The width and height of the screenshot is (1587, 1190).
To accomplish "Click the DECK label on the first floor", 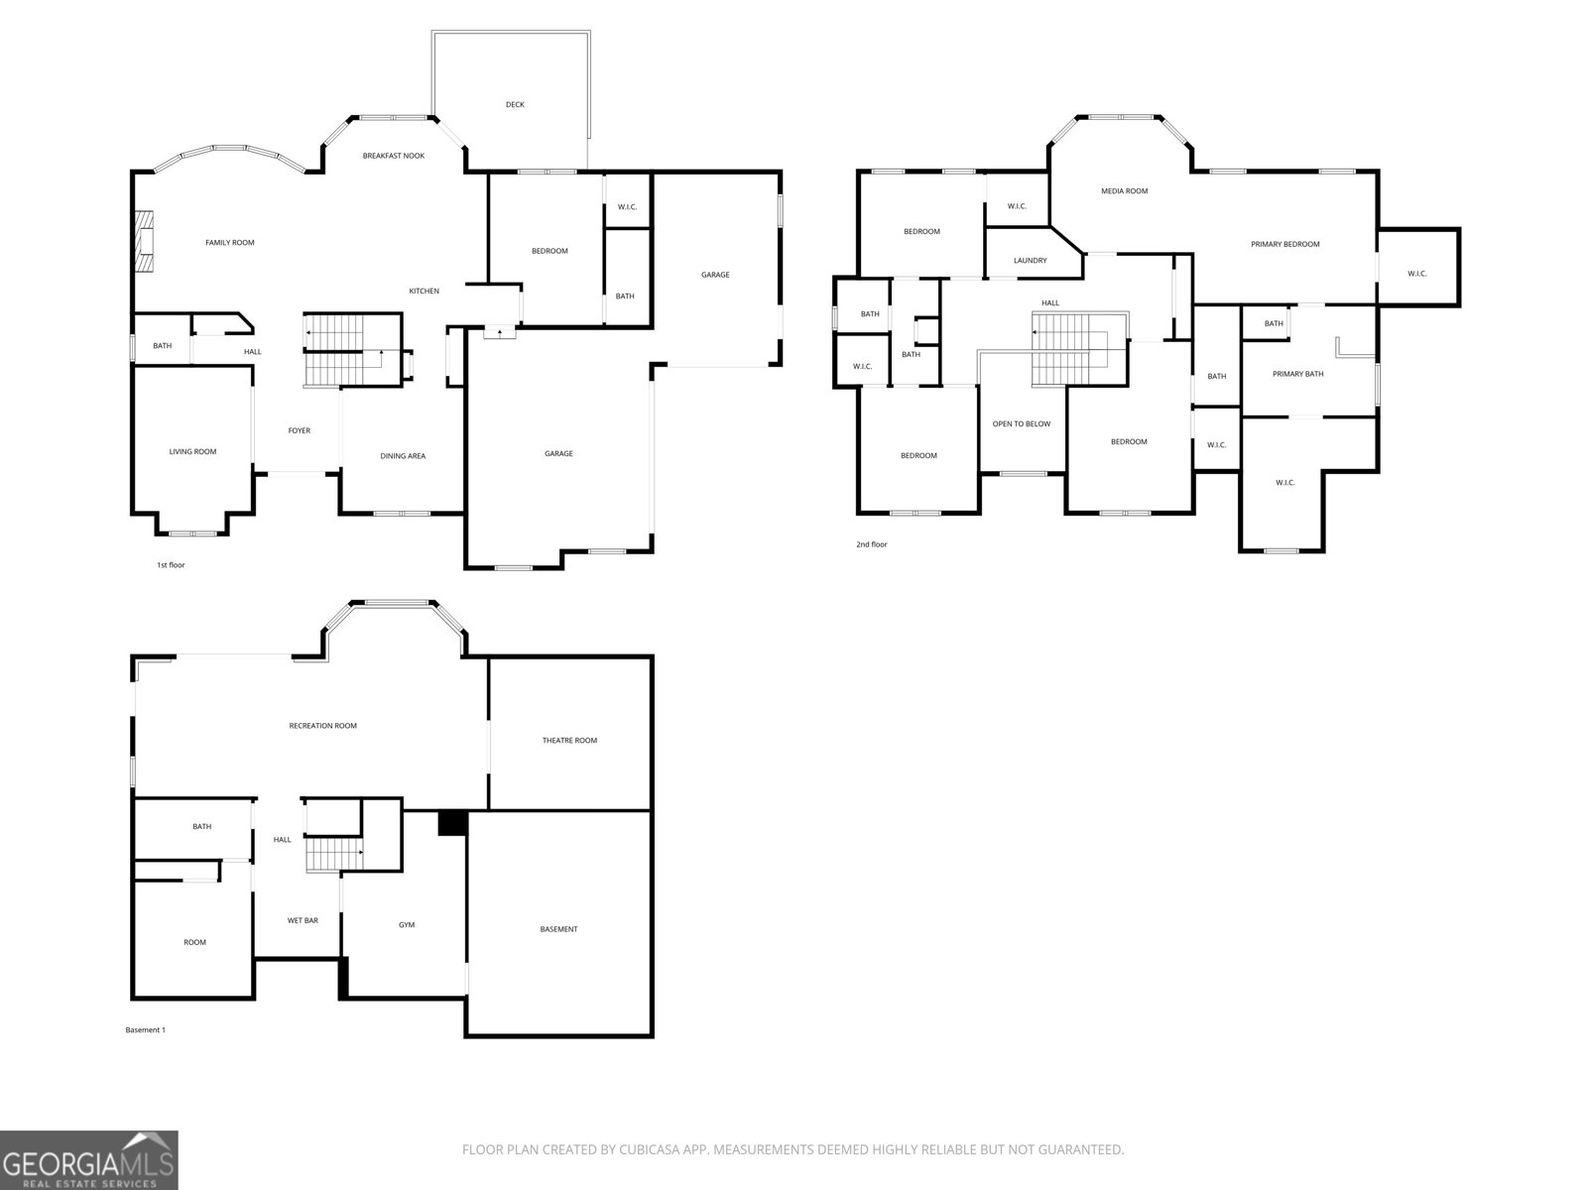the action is tap(515, 105).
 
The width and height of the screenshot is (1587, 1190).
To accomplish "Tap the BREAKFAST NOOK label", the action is tap(394, 156).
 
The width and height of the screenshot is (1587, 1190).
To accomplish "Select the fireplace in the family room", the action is tap(146, 242).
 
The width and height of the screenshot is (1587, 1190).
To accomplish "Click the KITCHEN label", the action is tap(424, 292).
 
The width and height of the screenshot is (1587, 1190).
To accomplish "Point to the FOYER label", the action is tap(300, 430).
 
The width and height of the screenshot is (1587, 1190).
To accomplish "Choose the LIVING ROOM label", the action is tap(192, 451).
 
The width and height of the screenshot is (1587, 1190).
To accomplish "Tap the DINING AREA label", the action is tap(403, 456).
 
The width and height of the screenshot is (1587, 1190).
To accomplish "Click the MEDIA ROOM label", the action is tap(1124, 191).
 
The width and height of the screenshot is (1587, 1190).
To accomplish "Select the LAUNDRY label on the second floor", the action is tap(1030, 261).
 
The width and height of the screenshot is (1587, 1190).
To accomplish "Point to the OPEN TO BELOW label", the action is tap(1021, 424).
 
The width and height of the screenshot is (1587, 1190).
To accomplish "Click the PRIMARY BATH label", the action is tap(1297, 374).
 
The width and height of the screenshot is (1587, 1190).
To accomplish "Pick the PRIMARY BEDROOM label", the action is tap(1284, 244).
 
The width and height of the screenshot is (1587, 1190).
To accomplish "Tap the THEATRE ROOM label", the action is tap(569, 741).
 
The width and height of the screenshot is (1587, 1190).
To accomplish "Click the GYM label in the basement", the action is tap(407, 925).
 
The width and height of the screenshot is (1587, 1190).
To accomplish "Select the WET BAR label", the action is tap(303, 920).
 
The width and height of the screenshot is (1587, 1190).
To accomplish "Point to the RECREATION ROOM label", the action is tap(322, 726).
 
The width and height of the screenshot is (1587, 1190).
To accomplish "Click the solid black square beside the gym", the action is tap(452, 823).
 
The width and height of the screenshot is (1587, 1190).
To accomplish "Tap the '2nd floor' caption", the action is tap(871, 544).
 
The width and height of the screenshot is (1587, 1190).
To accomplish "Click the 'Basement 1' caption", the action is tap(146, 1030).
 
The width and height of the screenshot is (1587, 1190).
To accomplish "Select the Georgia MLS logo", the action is tap(88, 1160).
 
